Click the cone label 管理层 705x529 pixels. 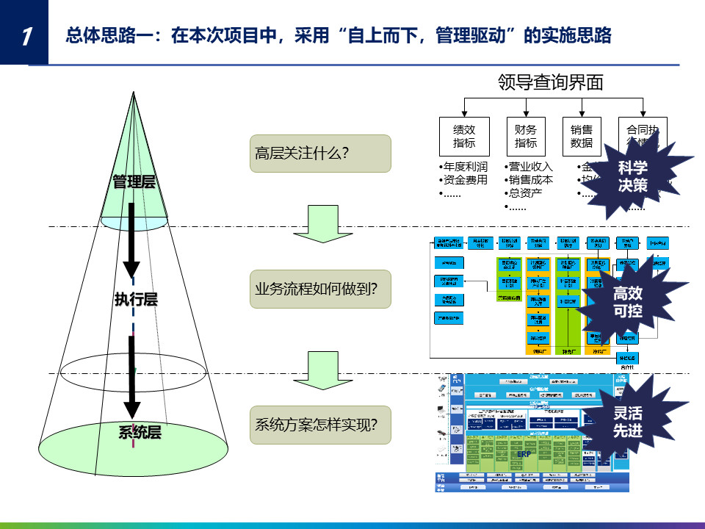(134, 181)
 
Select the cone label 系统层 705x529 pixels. (140, 432)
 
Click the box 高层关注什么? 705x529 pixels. (320, 154)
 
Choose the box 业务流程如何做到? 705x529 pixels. (320, 289)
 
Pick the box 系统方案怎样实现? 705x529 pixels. (320, 424)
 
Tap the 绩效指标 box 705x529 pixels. (464, 136)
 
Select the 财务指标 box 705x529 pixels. (526, 136)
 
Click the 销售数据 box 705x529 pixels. (582, 136)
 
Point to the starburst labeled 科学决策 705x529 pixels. (632, 177)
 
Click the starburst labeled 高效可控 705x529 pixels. (627, 302)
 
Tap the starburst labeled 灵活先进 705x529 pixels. (627, 421)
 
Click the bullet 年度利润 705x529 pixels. (466, 166)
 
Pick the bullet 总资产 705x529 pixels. (525, 193)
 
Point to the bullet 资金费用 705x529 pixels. (466, 179)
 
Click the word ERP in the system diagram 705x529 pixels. (524, 454)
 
